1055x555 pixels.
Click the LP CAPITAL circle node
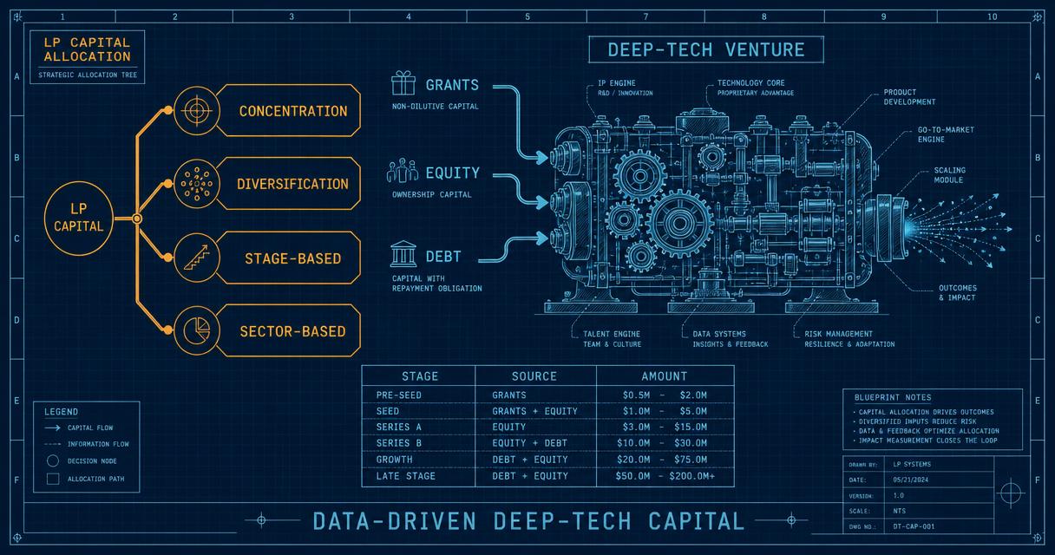coord(79,219)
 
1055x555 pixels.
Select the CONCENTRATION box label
coord(293,111)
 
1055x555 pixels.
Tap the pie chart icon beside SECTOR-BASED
coord(196,330)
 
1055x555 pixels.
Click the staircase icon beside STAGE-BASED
coord(196,258)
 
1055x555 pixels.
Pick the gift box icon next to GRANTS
coord(403,83)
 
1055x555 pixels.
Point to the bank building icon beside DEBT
coord(403,254)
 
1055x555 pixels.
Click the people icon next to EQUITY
coord(403,171)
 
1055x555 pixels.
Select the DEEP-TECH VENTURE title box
coord(706,49)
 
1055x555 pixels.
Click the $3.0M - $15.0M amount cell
coord(665,427)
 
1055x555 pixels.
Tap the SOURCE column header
coord(534,376)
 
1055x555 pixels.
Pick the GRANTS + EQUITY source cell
coord(534,411)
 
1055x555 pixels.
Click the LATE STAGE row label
coord(405,476)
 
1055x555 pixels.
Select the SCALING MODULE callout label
coord(949,175)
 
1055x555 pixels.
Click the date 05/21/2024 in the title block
coord(910,480)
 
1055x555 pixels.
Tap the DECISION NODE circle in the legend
coord(53,460)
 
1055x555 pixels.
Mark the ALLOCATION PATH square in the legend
coord(53,479)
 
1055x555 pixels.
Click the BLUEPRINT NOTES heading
coord(893,397)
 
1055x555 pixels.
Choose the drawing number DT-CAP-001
coord(914,526)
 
